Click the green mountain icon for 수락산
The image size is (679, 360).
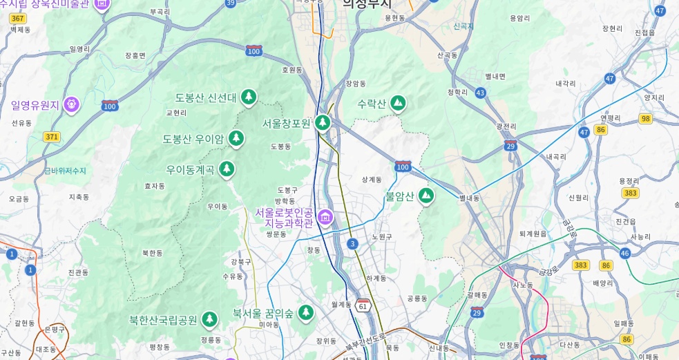tap(398, 104)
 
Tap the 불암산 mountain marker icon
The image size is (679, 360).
tap(427, 196)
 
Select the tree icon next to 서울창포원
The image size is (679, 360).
tap(323, 123)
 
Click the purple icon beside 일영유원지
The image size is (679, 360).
tap(71, 105)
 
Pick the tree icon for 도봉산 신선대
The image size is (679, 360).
tap(249, 97)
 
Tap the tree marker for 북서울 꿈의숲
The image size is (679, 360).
tap(305, 313)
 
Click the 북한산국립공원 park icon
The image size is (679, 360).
tap(209, 320)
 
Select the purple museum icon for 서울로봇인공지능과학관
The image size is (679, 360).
tap(325, 218)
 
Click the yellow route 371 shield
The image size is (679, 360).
tap(52, 137)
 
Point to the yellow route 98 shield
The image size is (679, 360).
tap(645, 119)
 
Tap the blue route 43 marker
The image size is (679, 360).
tap(480, 93)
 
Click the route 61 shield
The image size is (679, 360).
tap(363, 305)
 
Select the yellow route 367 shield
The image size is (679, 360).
tap(18, 18)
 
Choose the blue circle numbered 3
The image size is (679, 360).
tap(352, 244)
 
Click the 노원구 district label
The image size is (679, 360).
tap(382, 236)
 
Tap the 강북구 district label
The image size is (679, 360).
tap(241, 262)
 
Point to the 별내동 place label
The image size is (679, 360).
tap(469, 198)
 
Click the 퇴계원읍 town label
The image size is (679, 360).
tap(533, 234)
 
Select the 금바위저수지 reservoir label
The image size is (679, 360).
tap(66, 171)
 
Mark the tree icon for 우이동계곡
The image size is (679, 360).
tap(227, 169)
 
